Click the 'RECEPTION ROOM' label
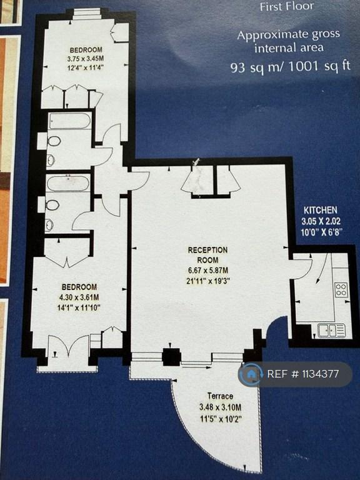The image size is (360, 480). click(208, 255)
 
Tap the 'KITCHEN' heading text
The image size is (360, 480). click(321, 210)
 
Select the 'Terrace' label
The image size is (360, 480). click(220, 396)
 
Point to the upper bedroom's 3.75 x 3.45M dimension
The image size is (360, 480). click(86, 59)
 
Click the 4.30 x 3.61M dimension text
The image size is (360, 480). click(79, 297)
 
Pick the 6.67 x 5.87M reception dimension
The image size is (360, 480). click(208, 270)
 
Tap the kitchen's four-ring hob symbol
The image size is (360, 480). click(341, 289)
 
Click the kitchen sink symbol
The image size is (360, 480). click(331, 331)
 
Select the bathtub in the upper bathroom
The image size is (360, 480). click(70, 121)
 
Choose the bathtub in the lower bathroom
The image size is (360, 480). click(68, 182)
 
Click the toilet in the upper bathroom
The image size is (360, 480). click(53, 141)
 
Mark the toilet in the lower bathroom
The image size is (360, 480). click(52, 205)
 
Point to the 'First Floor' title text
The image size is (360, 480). click(287, 7)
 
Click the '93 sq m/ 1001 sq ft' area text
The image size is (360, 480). click(290, 67)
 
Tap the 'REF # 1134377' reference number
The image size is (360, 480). click(303, 374)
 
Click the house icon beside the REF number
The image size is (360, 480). click(251, 374)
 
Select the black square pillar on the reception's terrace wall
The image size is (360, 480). click(171, 357)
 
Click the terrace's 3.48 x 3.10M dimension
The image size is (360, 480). click(220, 407)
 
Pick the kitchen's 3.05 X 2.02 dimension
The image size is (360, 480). click(321, 221)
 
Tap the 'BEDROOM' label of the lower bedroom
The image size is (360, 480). click(79, 287)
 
